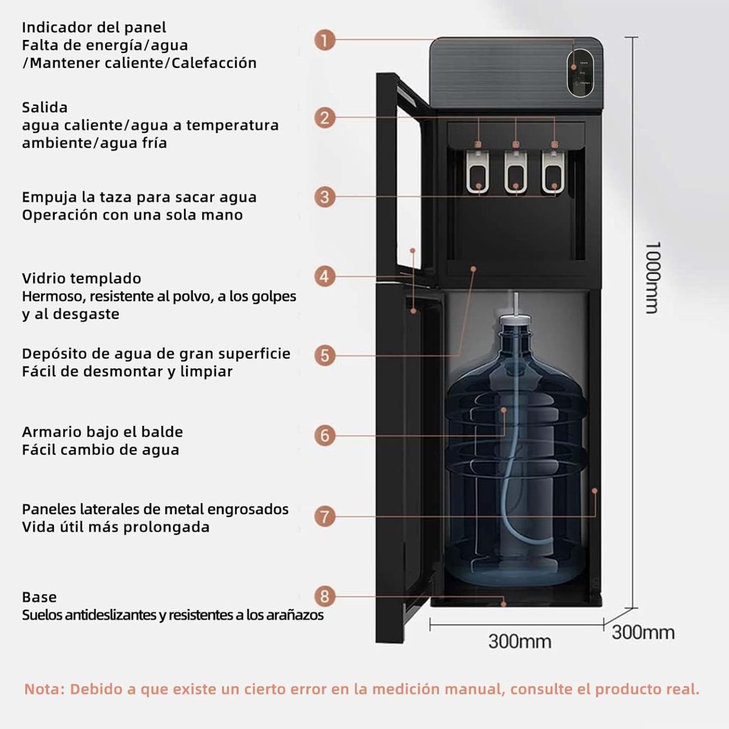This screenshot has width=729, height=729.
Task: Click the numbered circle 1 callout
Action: [x=324, y=40]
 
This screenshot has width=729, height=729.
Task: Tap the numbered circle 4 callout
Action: [x=324, y=276]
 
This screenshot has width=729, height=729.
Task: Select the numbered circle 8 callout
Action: [x=324, y=596]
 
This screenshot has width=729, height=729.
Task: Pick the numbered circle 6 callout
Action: [x=324, y=435]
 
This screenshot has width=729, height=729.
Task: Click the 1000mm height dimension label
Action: [x=652, y=277]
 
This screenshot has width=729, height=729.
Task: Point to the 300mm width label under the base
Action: [x=519, y=642]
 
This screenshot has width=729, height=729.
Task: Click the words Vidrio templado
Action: [x=81, y=278]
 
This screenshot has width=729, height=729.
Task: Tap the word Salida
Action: [x=44, y=107]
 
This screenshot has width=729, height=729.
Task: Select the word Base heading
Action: [x=39, y=597]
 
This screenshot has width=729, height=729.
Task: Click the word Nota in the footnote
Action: [x=44, y=689]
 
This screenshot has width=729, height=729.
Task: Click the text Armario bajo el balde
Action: [x=102, y=432]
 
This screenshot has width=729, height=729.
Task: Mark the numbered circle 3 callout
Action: [x=324, y=197]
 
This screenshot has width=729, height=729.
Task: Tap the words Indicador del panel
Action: [x=94, y=27]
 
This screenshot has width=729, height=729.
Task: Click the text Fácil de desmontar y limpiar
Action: [x=127, y=371]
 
